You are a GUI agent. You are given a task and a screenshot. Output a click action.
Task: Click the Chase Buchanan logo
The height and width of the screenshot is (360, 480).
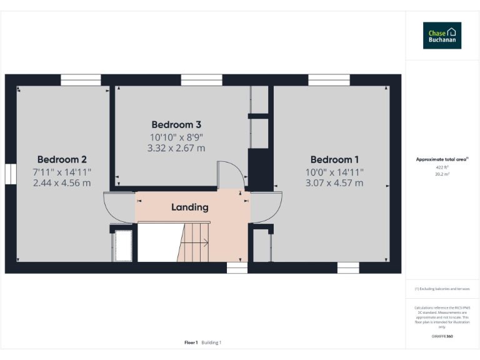click(x=442, y=36)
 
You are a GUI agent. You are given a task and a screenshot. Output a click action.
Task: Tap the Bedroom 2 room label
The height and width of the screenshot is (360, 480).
click(x=62, y=159)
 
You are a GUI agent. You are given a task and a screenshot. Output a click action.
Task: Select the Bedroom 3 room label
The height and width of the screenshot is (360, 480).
click(x=176, y=125)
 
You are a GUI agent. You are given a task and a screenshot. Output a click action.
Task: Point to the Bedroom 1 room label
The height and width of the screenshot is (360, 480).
click(x=334, y=159)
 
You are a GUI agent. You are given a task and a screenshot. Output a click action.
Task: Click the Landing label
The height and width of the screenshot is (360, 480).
click(x=190, y=207)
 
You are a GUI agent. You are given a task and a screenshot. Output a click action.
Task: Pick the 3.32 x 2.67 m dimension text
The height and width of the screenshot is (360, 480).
click(x=176, y=148)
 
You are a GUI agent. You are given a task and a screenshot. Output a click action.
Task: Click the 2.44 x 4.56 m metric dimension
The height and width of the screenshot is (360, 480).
click(x=62, y=183)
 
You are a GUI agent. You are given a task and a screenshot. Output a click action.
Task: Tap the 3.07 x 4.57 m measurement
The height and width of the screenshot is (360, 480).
click(x=334, y=183)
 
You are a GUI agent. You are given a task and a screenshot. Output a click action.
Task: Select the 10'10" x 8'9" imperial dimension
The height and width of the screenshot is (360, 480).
click(x=176, y=137)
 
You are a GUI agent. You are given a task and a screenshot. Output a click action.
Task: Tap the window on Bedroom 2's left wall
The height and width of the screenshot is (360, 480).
click(x=10, y=174)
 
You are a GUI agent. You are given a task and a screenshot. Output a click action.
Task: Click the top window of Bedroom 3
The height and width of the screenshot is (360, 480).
click(x=201, y=79)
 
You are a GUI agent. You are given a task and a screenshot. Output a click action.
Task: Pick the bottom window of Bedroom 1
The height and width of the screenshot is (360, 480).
click(x=348, y=268)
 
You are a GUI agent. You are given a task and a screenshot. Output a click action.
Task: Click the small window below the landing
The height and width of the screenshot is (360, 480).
click(x=237, y=268)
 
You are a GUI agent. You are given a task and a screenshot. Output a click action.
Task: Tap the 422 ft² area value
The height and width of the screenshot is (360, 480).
click(x=442, y=167)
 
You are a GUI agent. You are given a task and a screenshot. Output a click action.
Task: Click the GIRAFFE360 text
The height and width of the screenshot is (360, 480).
click(x=442, y=337)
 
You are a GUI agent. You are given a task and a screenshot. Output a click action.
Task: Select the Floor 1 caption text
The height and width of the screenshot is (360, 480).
click(x=191, y=342)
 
